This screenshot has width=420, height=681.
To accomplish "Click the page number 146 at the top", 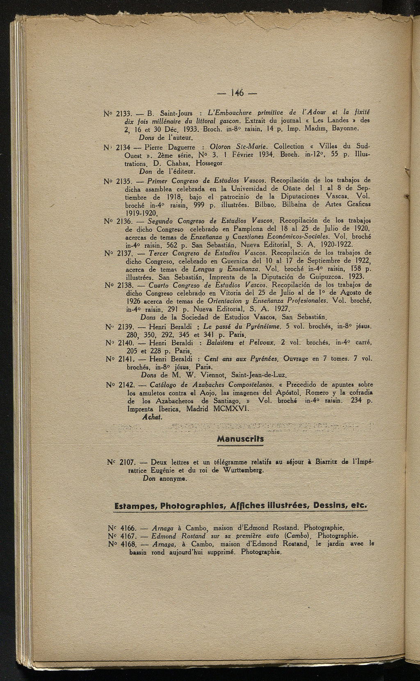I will click(237, 93).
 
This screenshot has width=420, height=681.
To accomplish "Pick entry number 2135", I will click(123, 180).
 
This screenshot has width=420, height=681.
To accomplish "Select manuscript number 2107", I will click(124, 462).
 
